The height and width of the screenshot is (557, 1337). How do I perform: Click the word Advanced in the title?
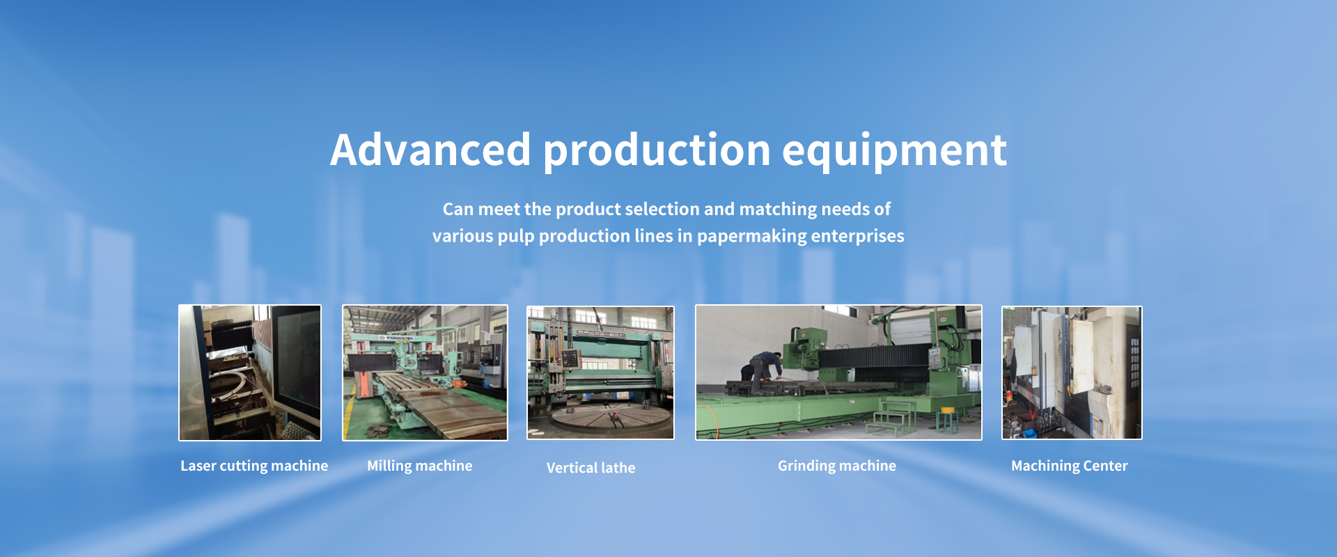coord(430,150)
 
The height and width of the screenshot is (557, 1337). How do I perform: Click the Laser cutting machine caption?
coord(254,466)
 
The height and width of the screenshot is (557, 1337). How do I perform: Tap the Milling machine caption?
coord(420,466)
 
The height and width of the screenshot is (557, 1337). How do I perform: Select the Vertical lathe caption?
coord(591,468)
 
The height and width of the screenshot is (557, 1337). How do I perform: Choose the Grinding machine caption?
coord(837,466)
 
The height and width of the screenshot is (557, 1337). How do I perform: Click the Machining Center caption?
coord(1070,466)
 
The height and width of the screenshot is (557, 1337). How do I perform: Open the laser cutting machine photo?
coord(250,372)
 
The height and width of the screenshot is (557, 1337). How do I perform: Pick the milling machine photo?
coord(425,372)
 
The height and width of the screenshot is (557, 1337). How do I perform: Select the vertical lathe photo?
coord(600,372)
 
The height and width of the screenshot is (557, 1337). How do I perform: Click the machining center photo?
coord(1072,372)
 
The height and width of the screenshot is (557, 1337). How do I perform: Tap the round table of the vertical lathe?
coord(611,418)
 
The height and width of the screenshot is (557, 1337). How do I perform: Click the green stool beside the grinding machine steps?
coord(946,421)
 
